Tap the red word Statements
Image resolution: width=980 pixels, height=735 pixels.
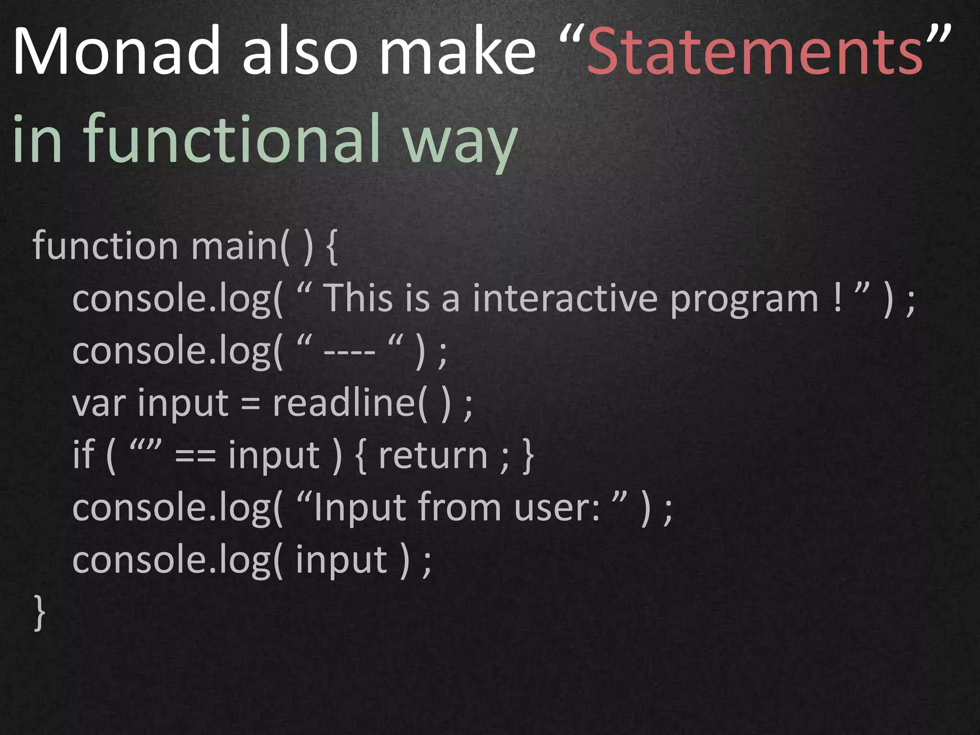pos(755,52)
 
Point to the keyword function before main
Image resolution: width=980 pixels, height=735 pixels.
pos(105,245)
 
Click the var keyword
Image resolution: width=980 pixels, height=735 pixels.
pos(99,403)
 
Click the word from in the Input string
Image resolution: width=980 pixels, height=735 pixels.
pos(459,507)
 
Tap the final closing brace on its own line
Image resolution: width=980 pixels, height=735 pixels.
pos(40,613)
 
